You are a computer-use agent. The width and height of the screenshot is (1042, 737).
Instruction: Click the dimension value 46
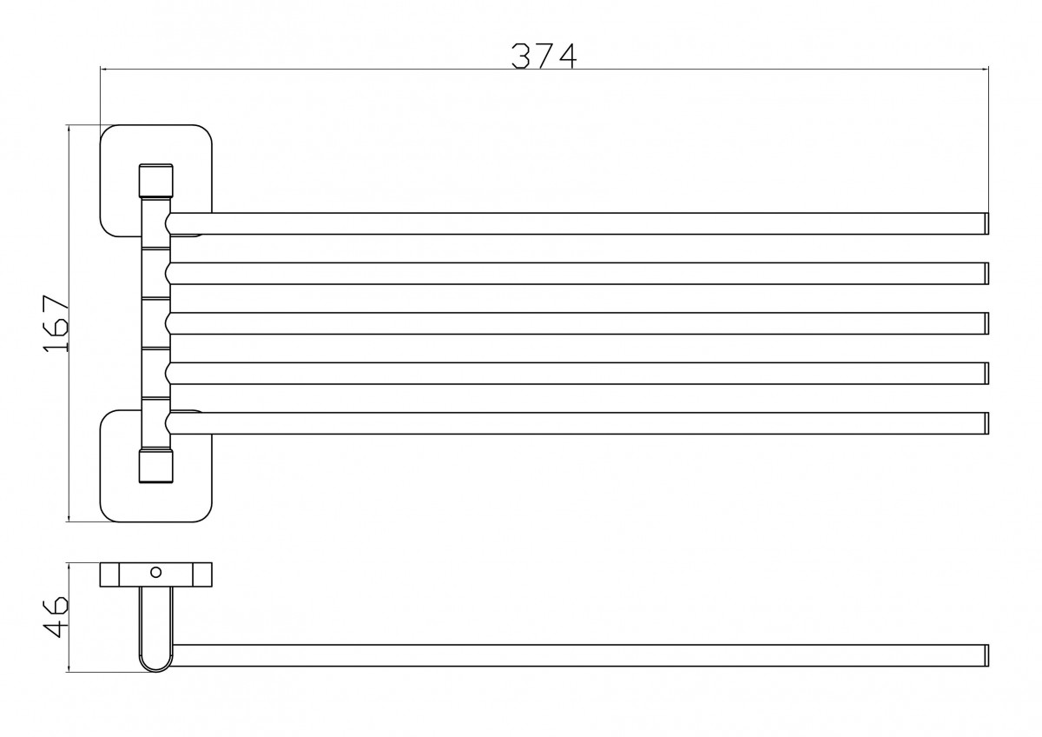point(55,617)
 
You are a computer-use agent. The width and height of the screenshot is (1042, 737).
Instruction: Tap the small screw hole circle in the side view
point(156,573)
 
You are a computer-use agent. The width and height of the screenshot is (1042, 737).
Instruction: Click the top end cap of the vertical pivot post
point(156,180)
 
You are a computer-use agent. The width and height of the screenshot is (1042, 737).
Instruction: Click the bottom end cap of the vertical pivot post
point(156,465)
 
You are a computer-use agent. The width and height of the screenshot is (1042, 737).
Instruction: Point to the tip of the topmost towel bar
point(986,223)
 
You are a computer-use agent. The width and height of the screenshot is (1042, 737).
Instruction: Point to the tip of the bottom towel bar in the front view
point(986,423)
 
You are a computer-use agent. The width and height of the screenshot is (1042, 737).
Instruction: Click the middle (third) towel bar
point(573,323)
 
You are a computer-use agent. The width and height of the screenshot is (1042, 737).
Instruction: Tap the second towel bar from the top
point(573,273)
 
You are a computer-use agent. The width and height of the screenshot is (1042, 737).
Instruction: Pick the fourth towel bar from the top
point(573,373)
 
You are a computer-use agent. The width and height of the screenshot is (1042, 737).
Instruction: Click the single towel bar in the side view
point(573,655)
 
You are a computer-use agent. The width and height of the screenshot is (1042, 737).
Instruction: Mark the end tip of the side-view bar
point(986,655)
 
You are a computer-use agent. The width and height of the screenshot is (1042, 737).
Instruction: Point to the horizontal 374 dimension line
point(347,68)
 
